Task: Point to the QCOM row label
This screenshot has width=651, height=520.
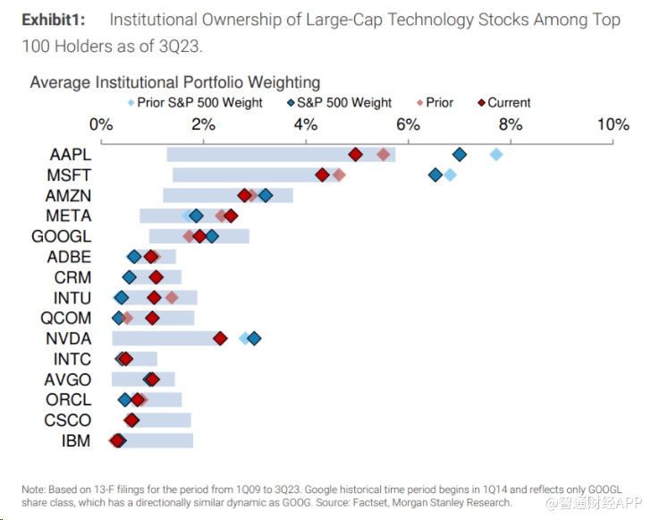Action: point(65,318)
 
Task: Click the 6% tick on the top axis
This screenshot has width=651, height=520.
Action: point(408,124)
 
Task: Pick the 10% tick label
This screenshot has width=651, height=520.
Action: point(613,124)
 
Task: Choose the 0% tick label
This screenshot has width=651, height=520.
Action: point(101,124)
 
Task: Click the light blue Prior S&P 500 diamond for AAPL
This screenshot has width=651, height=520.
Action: point(496,155)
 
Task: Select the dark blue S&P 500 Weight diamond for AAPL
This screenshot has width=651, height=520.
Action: point(460,155)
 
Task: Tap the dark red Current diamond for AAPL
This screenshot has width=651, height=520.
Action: point(355,155)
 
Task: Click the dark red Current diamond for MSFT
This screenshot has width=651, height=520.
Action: point(323,175)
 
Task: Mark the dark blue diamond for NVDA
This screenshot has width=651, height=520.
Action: point(254,338)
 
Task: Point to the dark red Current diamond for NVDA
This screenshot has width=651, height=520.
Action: point(220,338)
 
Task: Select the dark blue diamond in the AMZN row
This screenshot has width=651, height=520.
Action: point(265,195)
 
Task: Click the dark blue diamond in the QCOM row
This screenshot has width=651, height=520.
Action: point(118,318)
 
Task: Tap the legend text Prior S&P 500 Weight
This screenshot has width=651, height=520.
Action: point(199,103)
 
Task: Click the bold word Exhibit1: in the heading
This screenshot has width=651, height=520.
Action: point(59,21)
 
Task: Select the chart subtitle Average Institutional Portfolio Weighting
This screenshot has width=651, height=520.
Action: point(174,83)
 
